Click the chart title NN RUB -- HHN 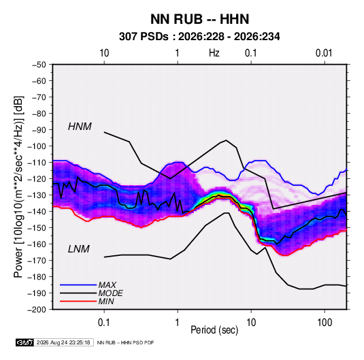pyautogui.click(x=199, y=19)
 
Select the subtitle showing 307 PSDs pyautogui.click(x=199, y=37)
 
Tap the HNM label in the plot pyautogui.click(x=80, y=127)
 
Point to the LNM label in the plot pyautogui.click(x=79, y=249)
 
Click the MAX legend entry pyautogui.click(x=107, y=285)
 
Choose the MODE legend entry pyautogui.click(x=110, y=293)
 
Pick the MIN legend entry pyautogui.click(x=106, y=301)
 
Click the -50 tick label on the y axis pyautogui.click(x=39, y=65)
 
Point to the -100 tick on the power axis pyautogui.click(x=37, y=146)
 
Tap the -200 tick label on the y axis pyautogui.click(x=37, y=310)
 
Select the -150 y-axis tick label pyautogui.click(x=37, y=227)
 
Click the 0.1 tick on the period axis pyautogui.click(x=104, y=323)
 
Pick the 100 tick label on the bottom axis pyautogui.click(x=325, y=323)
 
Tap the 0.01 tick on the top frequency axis pyautogui.click(x=324, y=53)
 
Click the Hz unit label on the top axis pyautogui.click(x=214, y=53)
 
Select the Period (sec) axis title pyautogui.click(x=214, y=330)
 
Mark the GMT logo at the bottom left pyautogui.click(x=24, y=342)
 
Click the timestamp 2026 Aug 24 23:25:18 pyautogui.click(x=63, y=342)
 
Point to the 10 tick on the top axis pyautogui.click(x=104, y=53)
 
